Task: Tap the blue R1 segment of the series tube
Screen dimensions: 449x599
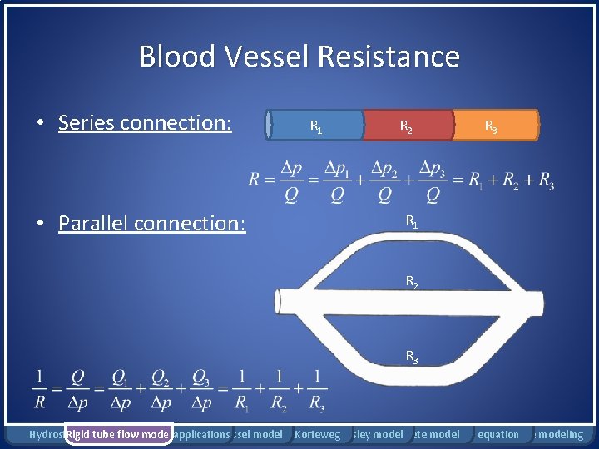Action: pos(315,126)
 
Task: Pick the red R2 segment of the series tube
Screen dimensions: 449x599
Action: pos(408,126)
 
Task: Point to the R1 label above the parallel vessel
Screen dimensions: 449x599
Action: pos(411,221)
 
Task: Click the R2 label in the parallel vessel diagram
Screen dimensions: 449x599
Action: pos(411,282)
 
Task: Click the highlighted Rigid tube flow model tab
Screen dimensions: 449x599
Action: pos(118,434)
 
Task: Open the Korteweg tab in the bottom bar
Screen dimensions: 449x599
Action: pos(318,434)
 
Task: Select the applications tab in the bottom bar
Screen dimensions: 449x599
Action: pos(202,434)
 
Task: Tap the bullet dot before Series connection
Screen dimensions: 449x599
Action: pos(40,124)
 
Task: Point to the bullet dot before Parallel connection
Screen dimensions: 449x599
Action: pos(40,224)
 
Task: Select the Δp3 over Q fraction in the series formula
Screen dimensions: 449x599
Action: pos(432,180)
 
